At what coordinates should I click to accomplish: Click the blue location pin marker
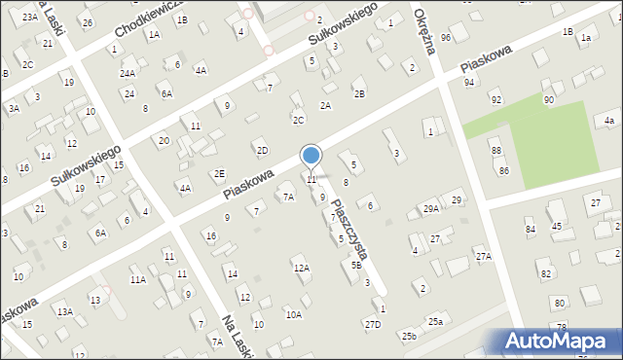click(x=311, y=156)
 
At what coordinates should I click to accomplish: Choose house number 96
click(x=446, y=37)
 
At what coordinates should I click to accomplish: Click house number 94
click(x=469, y=83)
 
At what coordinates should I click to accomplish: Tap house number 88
click(x=496, y=150)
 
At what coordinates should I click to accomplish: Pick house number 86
click(x=504, y=170)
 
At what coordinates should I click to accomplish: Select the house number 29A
click(x=430, y=209)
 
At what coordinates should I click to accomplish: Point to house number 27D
click(x=373, y=324)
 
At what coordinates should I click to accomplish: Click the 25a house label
click(x=435, y=321)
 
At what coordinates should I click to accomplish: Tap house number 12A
click(x=302, y=268)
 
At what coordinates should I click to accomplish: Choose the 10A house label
click(x=293, y=314)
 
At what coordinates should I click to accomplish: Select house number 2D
click(x=262, y=150)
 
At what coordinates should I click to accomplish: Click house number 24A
click(x=128, y=73)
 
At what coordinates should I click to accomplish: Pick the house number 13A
click(x=64, y=311)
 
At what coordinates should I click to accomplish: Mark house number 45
click(x=557, y=226)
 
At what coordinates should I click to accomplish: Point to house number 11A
click(x=138, y=279)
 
